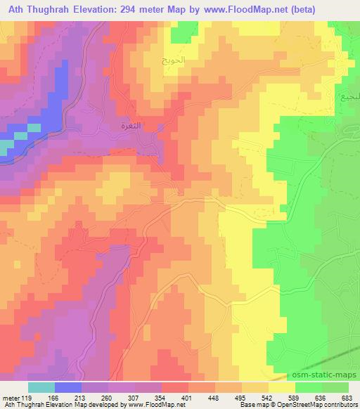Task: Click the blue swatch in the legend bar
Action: [67, 387]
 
